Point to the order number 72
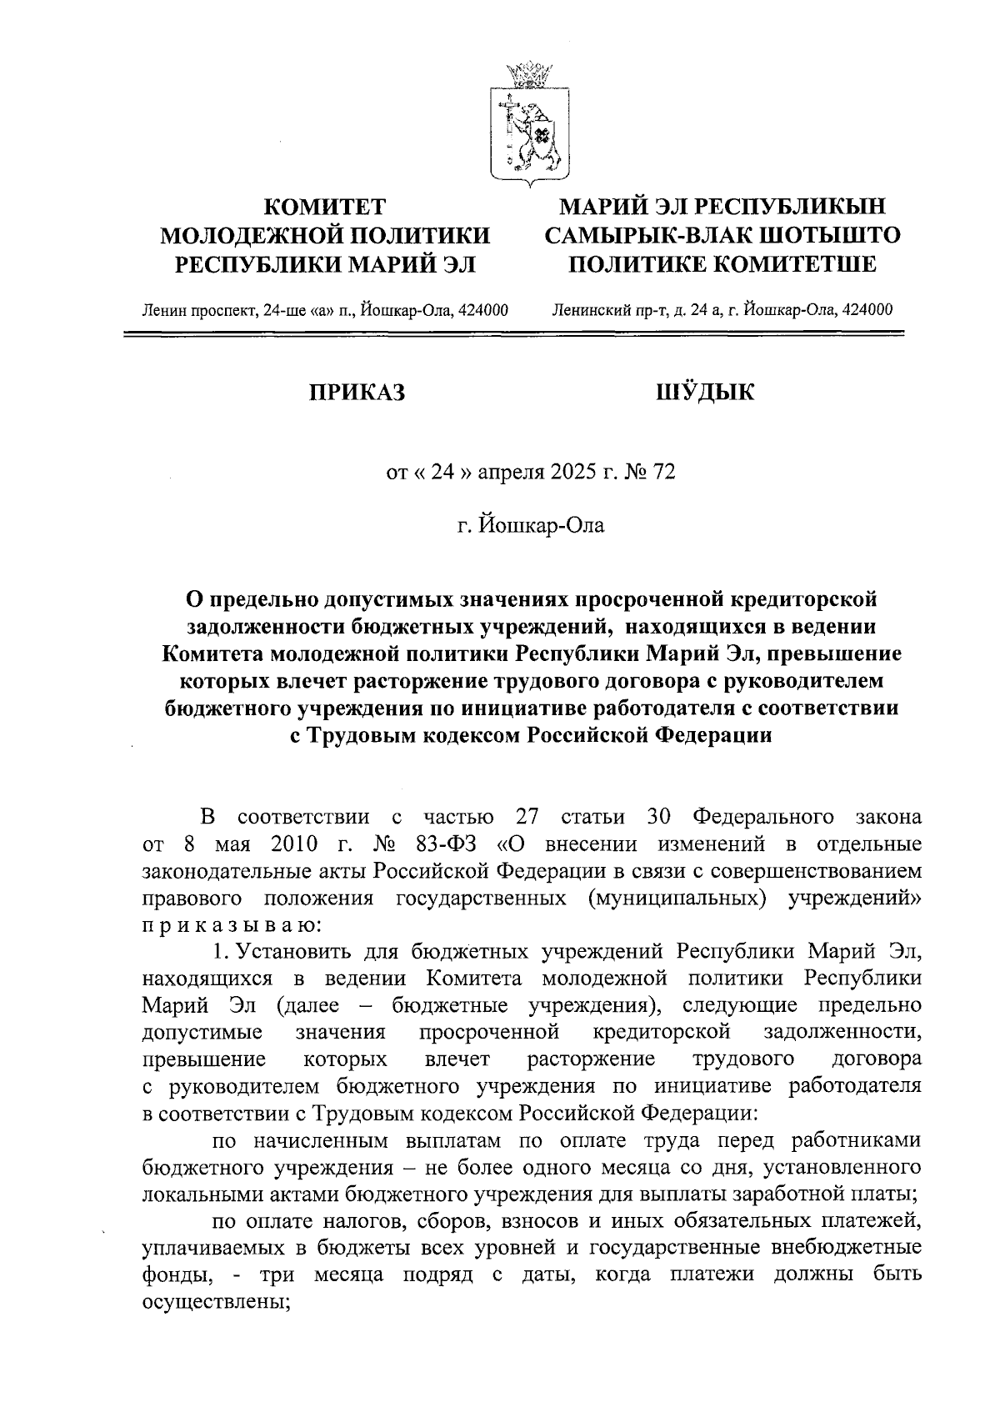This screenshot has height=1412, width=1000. (664, 473)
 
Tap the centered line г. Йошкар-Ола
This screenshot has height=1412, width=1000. (530, 525)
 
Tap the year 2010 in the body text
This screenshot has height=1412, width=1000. (295, 844)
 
